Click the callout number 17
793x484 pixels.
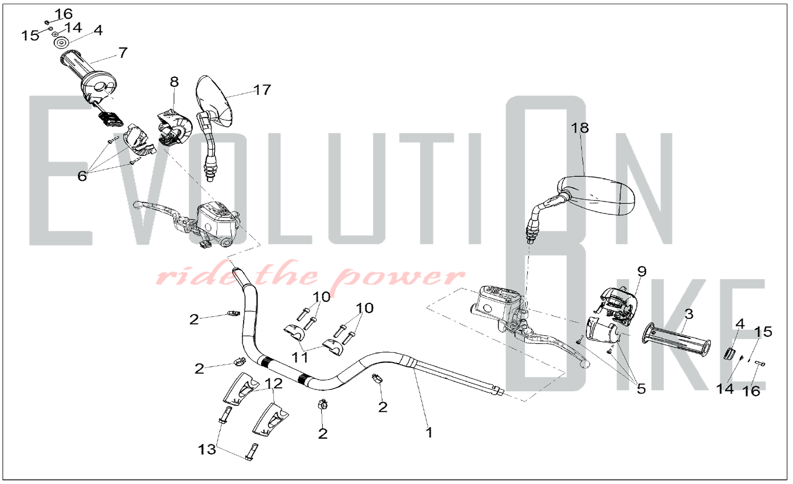(262, 90)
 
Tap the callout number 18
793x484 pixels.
(580, 128)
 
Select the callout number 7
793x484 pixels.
(123, 52)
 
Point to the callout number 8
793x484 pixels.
(174, 82)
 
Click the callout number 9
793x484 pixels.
(642, 271)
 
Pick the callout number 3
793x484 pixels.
(689, 314)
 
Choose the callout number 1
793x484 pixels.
(429, 432)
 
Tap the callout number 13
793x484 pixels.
(207, 449)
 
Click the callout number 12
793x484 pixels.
(274, 384)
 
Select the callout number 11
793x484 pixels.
(300, 357)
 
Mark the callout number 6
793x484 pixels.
(82, 176)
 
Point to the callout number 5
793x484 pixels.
(641, 389)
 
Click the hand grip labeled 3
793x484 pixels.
(676, 340)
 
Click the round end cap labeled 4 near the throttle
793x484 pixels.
(61, 42)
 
